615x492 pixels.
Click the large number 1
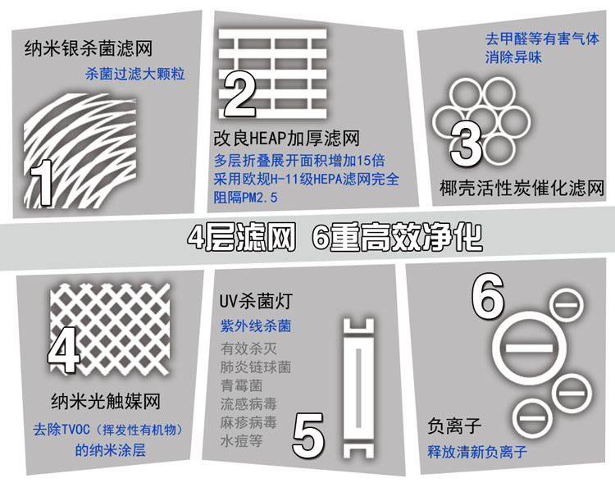pos(41,183)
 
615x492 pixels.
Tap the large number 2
pos(240,94)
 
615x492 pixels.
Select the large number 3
pos(466,143)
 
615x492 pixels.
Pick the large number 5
pos(308,435)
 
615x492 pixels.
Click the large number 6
pos(488,296)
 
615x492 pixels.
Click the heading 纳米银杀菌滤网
pos(89,48)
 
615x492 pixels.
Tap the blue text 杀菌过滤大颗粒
pos(135,74)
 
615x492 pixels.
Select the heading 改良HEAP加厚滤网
pos(287,138)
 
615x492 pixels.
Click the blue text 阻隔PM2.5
pos(245,197)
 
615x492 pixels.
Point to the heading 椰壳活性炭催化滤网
pos(522,188)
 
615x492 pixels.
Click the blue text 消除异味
pos(513,57)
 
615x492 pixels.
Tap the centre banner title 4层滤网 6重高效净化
pos(335,238)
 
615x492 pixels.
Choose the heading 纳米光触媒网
pos(106,401)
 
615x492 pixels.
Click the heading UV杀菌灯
pos(256,301)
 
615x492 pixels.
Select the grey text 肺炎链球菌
pos(256,367)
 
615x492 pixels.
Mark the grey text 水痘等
pos(242,441)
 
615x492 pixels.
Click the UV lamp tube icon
pos(358,388)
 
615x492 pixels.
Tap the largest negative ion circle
pos(529,348)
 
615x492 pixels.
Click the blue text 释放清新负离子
pos(477,452)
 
